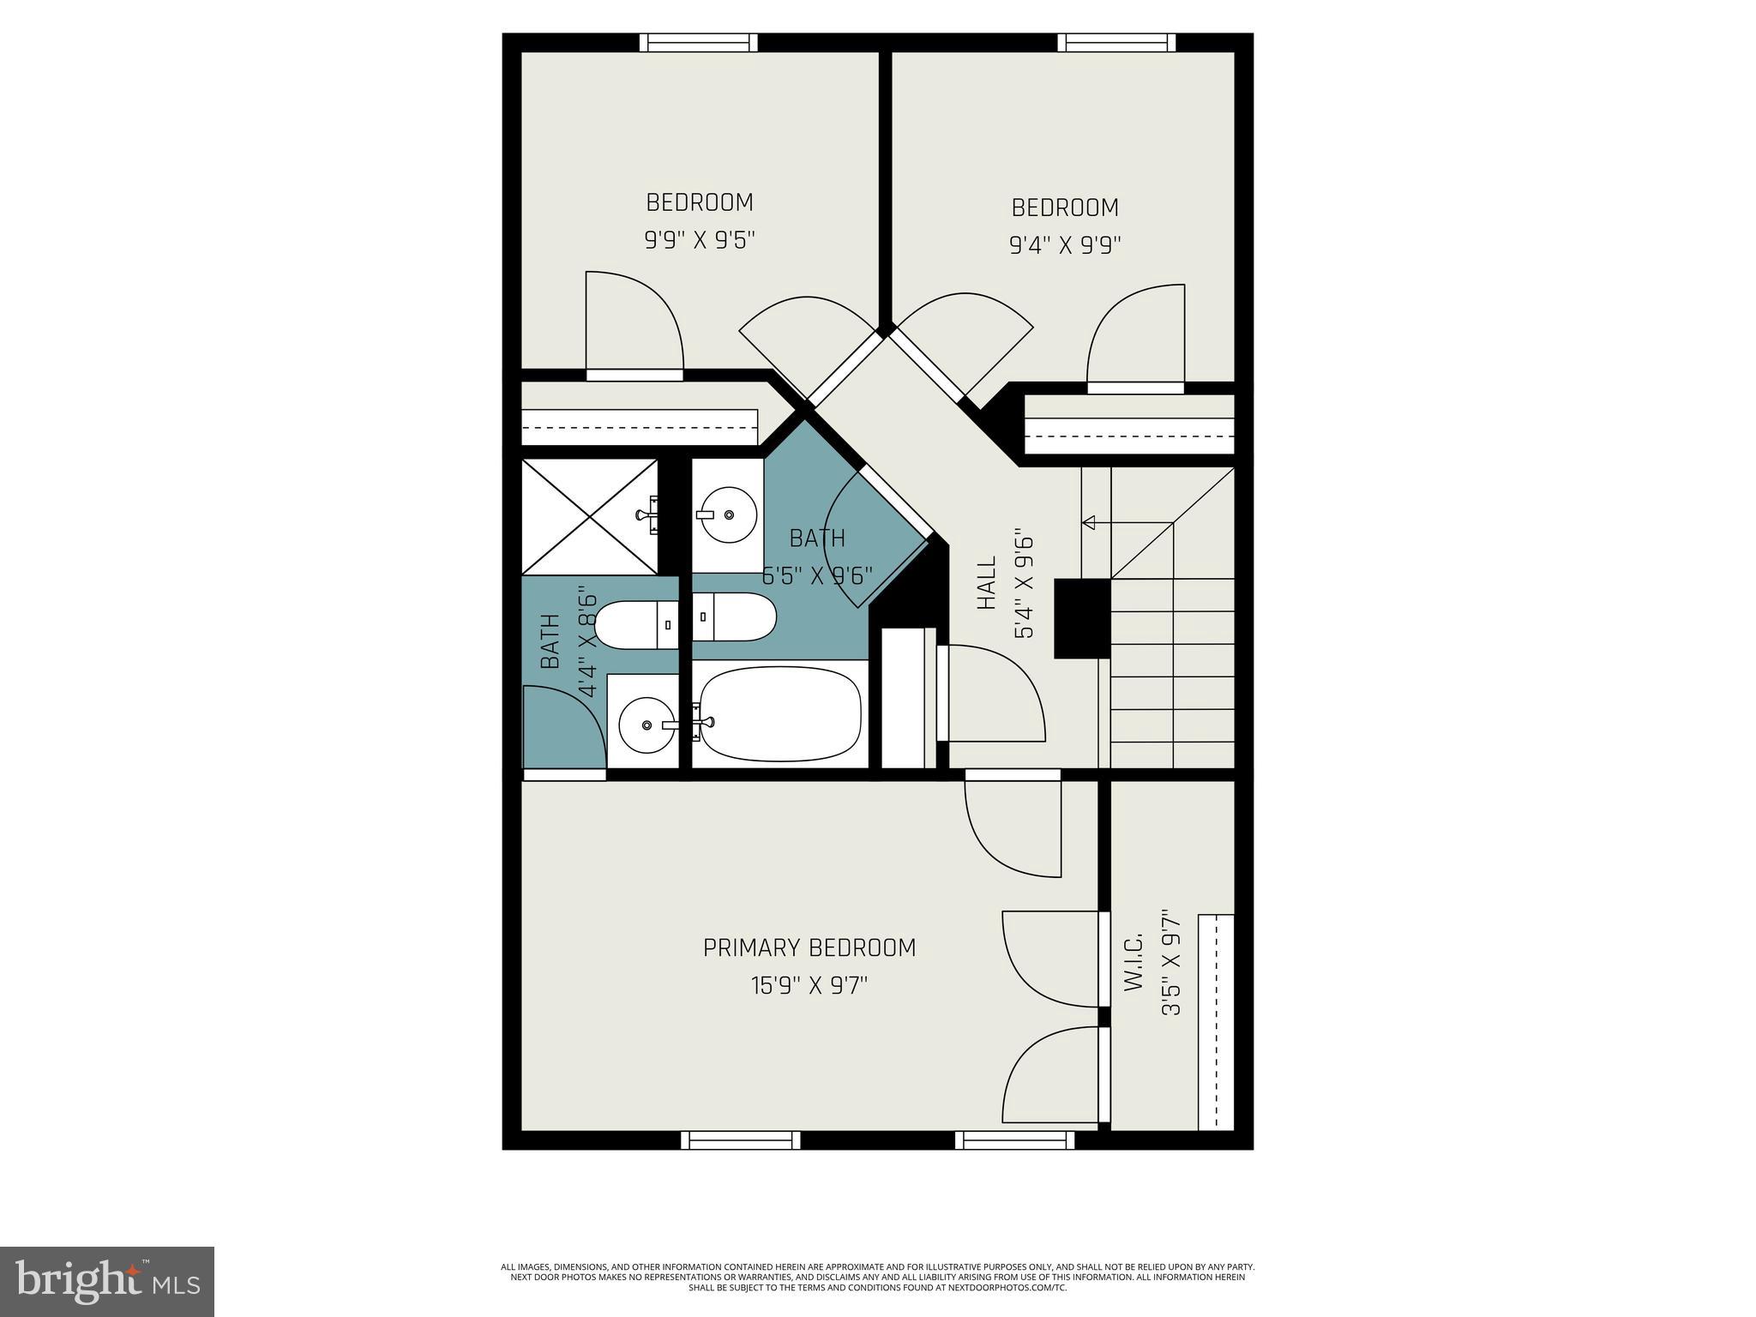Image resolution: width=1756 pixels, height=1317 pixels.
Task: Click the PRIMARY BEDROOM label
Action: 809,947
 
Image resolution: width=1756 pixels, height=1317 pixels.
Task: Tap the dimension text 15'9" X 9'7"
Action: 809,986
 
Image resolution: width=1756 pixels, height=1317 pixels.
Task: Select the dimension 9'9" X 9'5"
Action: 700,239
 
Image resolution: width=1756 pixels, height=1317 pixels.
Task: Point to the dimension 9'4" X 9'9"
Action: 1065,245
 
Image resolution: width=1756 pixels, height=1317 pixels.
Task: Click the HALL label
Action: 988,583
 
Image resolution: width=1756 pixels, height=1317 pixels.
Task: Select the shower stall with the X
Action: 590,517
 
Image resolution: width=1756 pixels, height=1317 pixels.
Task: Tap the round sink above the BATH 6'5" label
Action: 727,514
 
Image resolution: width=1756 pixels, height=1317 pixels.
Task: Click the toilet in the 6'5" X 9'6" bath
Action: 736,616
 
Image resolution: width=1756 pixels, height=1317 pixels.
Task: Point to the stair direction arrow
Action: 1091,522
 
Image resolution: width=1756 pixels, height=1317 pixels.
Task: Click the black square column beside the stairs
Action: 1082,618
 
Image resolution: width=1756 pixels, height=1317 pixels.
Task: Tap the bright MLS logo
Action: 106,1281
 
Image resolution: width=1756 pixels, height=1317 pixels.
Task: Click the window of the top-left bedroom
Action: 699,43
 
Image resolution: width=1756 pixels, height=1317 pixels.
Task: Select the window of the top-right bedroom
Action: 1116,43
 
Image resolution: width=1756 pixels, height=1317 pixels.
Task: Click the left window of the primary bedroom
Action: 741,1140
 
